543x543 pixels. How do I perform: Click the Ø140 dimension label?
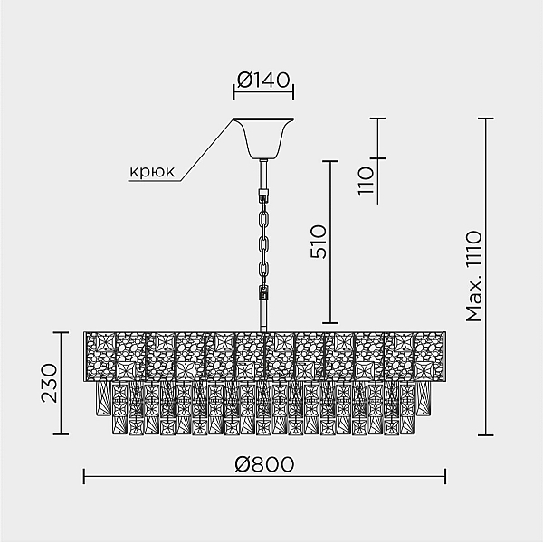click(263, 80)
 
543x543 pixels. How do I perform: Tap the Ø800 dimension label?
click(264, 464)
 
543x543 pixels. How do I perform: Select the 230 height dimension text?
click(49, 383)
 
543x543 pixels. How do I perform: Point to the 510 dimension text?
click(319, 242)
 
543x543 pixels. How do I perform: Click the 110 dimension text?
click(366, 181)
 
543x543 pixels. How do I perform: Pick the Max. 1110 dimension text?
click(473, 276)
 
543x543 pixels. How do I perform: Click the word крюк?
click(152, 171)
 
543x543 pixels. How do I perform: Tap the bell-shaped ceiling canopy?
click(263, 138)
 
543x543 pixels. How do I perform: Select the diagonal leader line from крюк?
click(206, 149)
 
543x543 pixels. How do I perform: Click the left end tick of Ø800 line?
click(84, 477)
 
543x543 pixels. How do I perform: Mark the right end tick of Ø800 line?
click(445, 477)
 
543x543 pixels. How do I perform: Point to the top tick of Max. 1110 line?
click(486, 119)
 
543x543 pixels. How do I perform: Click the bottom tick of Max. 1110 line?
click(486, 435)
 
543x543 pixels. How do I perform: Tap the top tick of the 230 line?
click(61, 332)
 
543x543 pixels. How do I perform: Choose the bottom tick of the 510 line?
click(330, 323)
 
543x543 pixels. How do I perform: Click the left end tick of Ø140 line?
click(233, 91)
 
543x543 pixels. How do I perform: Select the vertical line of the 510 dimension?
click(330, 242)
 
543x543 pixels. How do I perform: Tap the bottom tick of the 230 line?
click(61, 433)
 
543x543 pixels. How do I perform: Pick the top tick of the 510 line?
click(330, 161)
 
